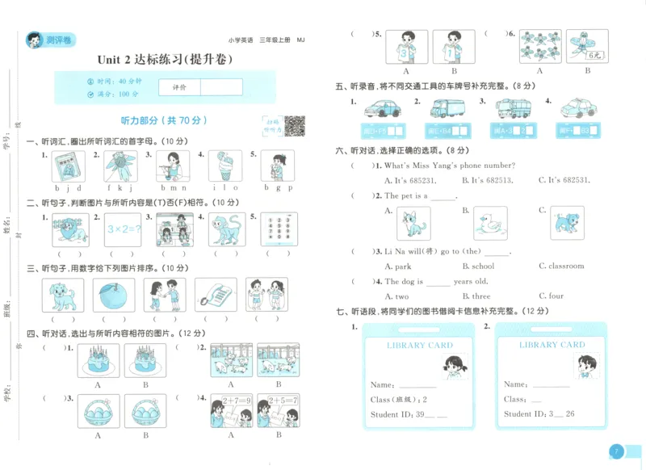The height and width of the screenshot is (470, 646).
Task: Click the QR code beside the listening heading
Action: click(294, 125)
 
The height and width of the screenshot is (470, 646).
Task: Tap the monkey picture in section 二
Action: click(228, 229)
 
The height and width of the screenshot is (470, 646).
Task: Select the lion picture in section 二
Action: click(68, 229)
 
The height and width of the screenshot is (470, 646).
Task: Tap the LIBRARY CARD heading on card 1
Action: click(419, 345)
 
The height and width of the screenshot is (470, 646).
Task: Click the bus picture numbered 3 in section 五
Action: click(513, 109)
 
